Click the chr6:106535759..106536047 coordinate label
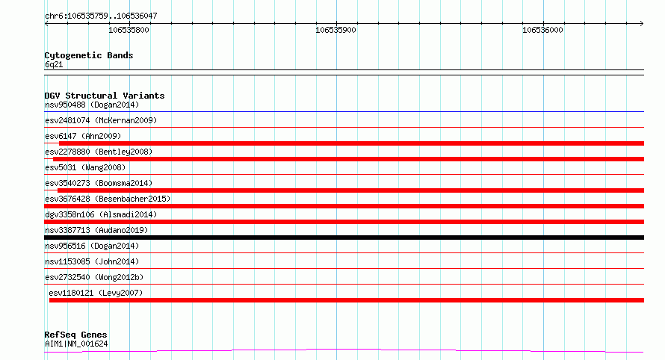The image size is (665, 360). (x=101, y=16)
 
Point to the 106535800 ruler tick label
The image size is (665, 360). (x=129, y=30)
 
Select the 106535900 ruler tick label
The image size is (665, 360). (x=336, y=30)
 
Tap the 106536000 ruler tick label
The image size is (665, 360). (x=543, y=30)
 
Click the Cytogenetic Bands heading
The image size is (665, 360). (x=89, y=55)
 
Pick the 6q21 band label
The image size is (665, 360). (x=54, y=64)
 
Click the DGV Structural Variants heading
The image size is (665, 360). (x=105, y=96)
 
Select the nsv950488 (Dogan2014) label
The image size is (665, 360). (x=92, y=105)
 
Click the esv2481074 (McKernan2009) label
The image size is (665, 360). (x=101, y=120)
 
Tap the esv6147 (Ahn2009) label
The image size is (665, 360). (x=83, y=136)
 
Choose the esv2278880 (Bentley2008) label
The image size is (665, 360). (x=99, y=152)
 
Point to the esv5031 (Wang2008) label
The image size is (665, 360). (x=85, y=167)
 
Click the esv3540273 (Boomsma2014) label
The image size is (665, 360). (x=99, y=183)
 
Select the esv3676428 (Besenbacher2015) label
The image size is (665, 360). (x=108, y=199)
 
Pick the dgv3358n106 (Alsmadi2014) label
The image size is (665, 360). (x=101, y=214)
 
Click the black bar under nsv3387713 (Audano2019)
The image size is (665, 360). (x=344, y=238)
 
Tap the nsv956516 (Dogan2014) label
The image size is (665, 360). (x=92, y=246)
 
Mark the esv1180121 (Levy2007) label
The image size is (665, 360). (x=96, y=293)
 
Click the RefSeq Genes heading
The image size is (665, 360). (x=75, y=335)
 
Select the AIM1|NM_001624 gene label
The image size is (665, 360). (x=76, y=344)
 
